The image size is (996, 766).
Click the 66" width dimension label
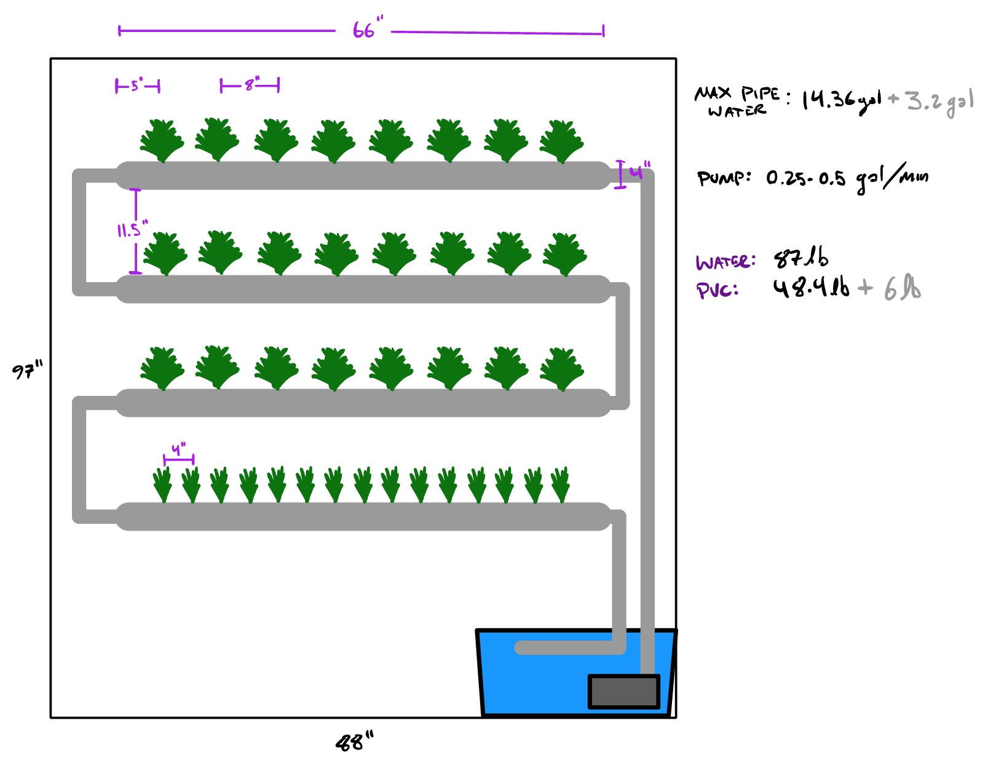click(367, 30)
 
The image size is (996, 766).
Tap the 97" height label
click(27, 371)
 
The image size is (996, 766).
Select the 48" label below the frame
click(354, 741)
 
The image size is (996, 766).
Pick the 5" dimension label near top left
click(136, 85)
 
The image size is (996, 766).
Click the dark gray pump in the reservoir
click(623, 692)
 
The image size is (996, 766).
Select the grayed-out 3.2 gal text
click(939, 102)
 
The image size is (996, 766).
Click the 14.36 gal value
click(840, 100)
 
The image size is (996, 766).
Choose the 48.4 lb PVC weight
click(810, 287)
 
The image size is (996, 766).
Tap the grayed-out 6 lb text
click(902, 288)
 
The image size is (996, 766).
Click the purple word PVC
click(717, 290)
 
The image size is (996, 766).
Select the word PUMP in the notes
click(723, 178)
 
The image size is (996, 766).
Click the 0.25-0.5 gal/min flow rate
click(847, 179)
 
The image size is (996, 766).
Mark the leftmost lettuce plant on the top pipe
click(162, 140)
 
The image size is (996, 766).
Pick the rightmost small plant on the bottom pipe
click(560, 484)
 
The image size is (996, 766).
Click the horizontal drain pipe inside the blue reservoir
click(566, 647)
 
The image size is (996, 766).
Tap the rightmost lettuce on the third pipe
click(561, 368)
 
